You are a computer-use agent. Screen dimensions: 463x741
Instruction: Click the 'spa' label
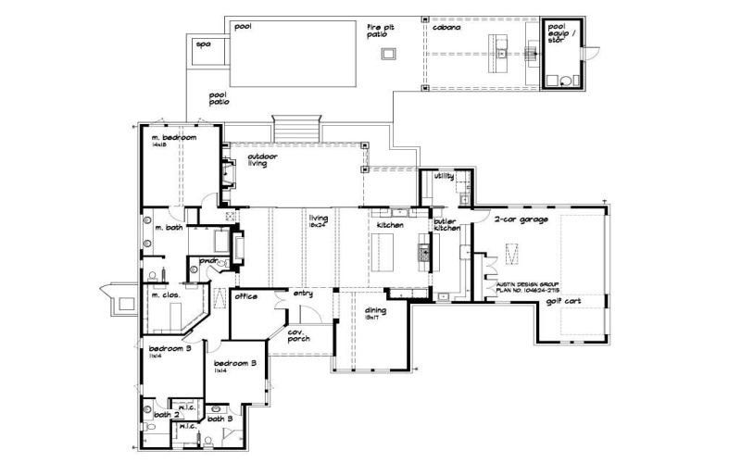point(201,44)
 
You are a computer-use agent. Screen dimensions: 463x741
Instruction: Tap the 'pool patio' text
point(219,97)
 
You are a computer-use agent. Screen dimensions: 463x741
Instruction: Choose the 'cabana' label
point(446,27)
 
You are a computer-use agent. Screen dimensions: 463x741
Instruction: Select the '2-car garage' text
point(521,219)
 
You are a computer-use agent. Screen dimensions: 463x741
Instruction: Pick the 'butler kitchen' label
point(446,225)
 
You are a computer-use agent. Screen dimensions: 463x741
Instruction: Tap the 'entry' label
point(304,294)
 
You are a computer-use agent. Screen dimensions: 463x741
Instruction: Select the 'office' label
point(245,297)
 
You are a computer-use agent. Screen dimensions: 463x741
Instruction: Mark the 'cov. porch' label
point(297,335)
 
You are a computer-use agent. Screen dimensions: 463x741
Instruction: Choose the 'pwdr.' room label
point(209,261)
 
